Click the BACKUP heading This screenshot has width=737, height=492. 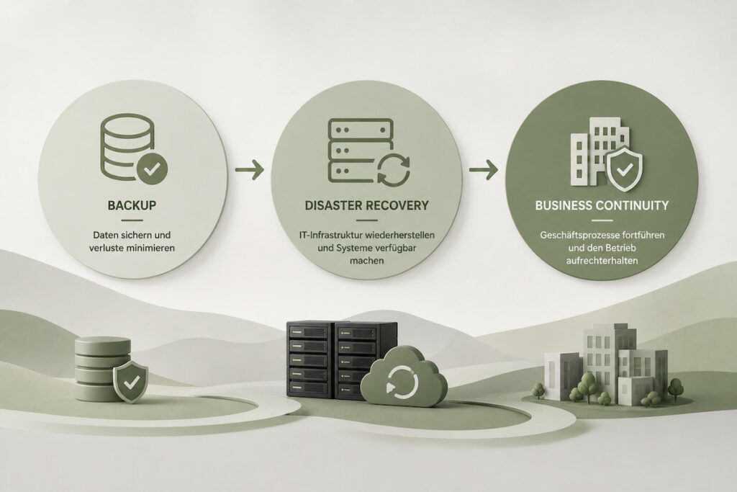click(x=132, y=205)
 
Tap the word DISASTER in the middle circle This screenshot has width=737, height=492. click(x=334, y=205)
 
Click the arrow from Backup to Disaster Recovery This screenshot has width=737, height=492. click(x=249, y=169)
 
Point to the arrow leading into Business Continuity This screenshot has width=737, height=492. click(x=483, y=169)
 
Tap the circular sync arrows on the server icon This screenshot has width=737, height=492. click(x=394, y=170)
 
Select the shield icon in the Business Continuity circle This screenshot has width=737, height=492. click(x=624, y=169)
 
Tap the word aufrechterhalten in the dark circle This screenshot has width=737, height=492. click(x=602, y=260)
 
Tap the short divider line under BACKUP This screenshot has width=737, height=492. click(x=132, y=220)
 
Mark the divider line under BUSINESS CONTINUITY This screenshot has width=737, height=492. click(x=602, y=220)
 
